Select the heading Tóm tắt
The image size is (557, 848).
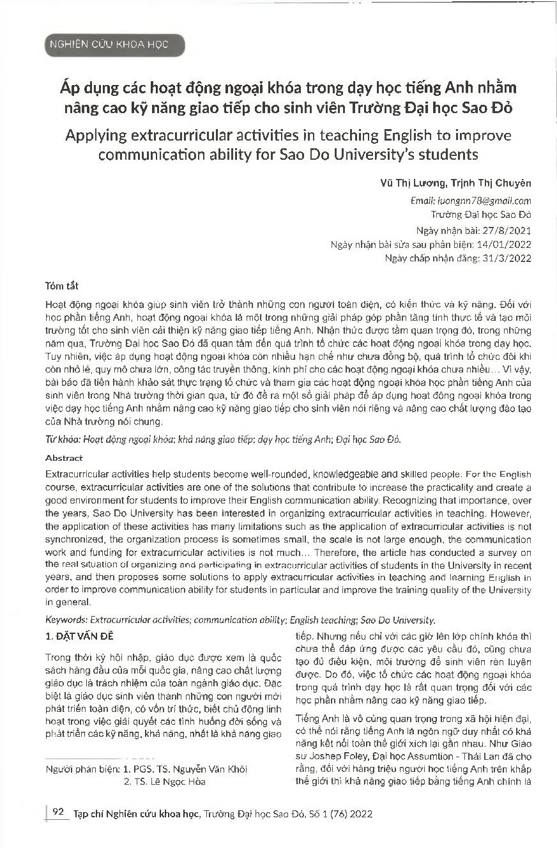pyautogui.click(x=63, y=285)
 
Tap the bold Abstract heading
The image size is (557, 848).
pyautogui.click(x=64, y=458)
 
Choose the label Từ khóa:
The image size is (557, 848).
pyautogui.click(x=59, y=440)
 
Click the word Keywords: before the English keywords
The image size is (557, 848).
pyautogui.click(x=66, y=620)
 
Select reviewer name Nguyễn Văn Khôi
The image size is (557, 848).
pyautogui.click(x=212, y=769)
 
